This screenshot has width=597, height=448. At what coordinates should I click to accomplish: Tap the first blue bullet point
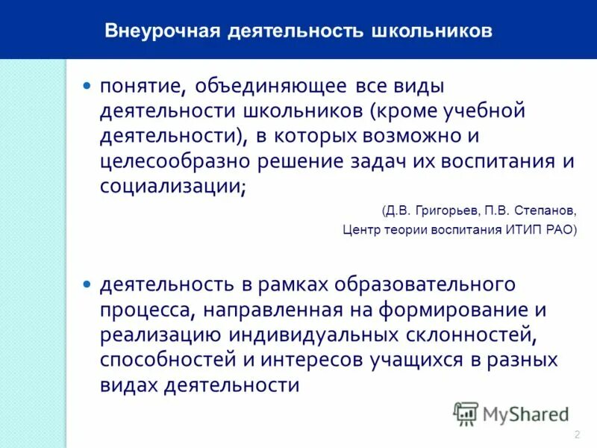point(87,86)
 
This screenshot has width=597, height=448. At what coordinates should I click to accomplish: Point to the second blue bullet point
point(87,284)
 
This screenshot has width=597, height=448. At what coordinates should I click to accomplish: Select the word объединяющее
point(271,87)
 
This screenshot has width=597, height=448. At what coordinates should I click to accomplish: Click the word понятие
point(142,87)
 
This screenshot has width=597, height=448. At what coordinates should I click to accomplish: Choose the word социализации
point(171,187)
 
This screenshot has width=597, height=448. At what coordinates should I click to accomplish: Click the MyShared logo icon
point(466,413)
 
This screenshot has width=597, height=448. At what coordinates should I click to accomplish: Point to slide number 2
point(578,435)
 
